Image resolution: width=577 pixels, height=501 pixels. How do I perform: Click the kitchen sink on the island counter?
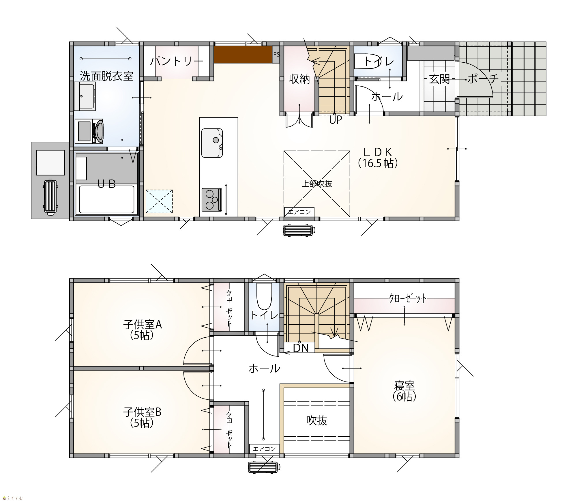pyautogui.click(x=212, y=143)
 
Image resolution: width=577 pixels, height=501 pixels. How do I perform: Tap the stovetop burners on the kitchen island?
pyautogui.click(x=212, y=199)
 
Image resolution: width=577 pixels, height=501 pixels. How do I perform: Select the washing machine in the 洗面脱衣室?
pyautogui.click(x=89, y=131)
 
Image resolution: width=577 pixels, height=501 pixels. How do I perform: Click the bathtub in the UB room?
pyautogui.click(x=107, y=199)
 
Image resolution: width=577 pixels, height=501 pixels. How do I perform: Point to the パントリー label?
pyautogui.click(x=177, y=61)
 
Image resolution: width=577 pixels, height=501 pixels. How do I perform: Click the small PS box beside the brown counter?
pyautogui.click(x=276, y=54)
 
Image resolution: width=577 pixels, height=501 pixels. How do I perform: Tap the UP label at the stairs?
pyautogui.click(x=336, y=120)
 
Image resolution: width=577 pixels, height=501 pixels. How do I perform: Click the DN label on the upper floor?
pyautogui.click(x=301, y=348)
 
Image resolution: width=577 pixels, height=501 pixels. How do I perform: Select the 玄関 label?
pyautogui.click(x=439, y=79)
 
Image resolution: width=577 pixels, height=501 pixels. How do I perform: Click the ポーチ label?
pyautogui.click(x=483, y=78)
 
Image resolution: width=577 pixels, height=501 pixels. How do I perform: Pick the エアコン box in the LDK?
pyautogui.click(x=299, y=212)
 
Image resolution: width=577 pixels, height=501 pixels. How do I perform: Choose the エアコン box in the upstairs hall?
pyautogui.click(x=264, y=449)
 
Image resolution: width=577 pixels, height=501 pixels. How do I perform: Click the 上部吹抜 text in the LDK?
pyautogui.click(x=317, y=184)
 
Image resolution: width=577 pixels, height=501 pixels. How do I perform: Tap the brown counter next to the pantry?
pyautogui.click(x=243, y=54)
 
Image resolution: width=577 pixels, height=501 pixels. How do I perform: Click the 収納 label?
pyautogui.click(x=299, y=79)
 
